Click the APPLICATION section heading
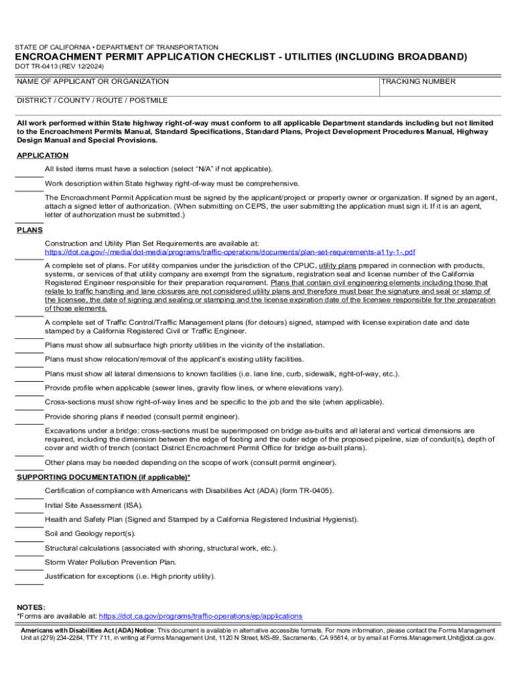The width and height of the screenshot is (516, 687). (42, 156)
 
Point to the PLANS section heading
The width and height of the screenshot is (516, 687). (29, 230)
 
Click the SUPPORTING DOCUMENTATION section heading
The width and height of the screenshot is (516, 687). (103, 477)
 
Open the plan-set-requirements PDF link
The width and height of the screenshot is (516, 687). (230, 252)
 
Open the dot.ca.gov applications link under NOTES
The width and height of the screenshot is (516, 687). (200, 616)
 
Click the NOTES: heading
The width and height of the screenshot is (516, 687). (31, 606)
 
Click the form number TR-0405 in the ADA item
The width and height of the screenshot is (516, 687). (310, 491)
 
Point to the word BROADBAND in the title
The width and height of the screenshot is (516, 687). (426, 58)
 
